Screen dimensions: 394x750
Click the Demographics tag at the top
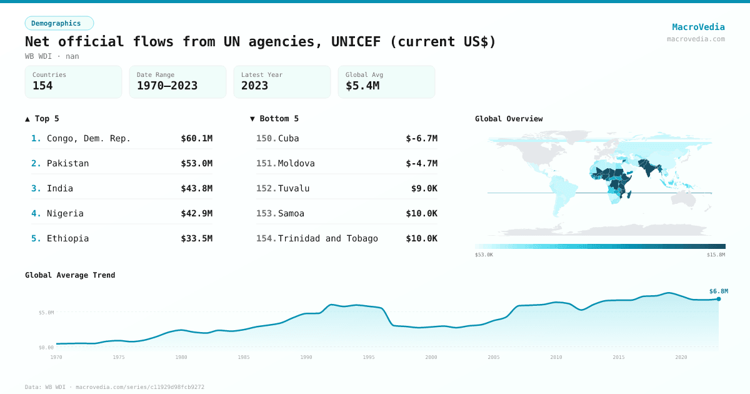tap(59, 23)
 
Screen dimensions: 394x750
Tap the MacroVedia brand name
tap(698, 27)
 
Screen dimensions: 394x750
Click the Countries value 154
tap(42, 86)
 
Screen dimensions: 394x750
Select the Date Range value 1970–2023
tap(167, 86)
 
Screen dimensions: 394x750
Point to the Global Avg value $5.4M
tap(362, 86)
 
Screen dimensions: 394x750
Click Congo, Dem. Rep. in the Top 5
tap(89, 138)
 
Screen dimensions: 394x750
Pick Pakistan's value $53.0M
tap(196, 163)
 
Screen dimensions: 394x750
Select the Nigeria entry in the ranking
tap(65, 213)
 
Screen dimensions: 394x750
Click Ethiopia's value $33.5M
tap(196, 238)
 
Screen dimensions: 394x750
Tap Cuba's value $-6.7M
tap(421, 138)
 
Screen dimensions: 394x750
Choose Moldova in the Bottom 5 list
tap(296, 163)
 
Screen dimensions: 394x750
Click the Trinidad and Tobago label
tap(327, 238)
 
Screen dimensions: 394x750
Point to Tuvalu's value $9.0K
tap(424, 188)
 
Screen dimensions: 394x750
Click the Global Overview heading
tap(509, 119)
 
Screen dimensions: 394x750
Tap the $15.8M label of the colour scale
tap(715, 255)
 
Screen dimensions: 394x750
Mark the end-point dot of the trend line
tap(719, 299)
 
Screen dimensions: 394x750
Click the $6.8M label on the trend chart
tap(718, 291)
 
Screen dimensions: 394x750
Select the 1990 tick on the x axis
tap(306, 357)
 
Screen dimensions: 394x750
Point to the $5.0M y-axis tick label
tap(46, 312)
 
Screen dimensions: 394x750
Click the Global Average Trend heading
tap(70, 275)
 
